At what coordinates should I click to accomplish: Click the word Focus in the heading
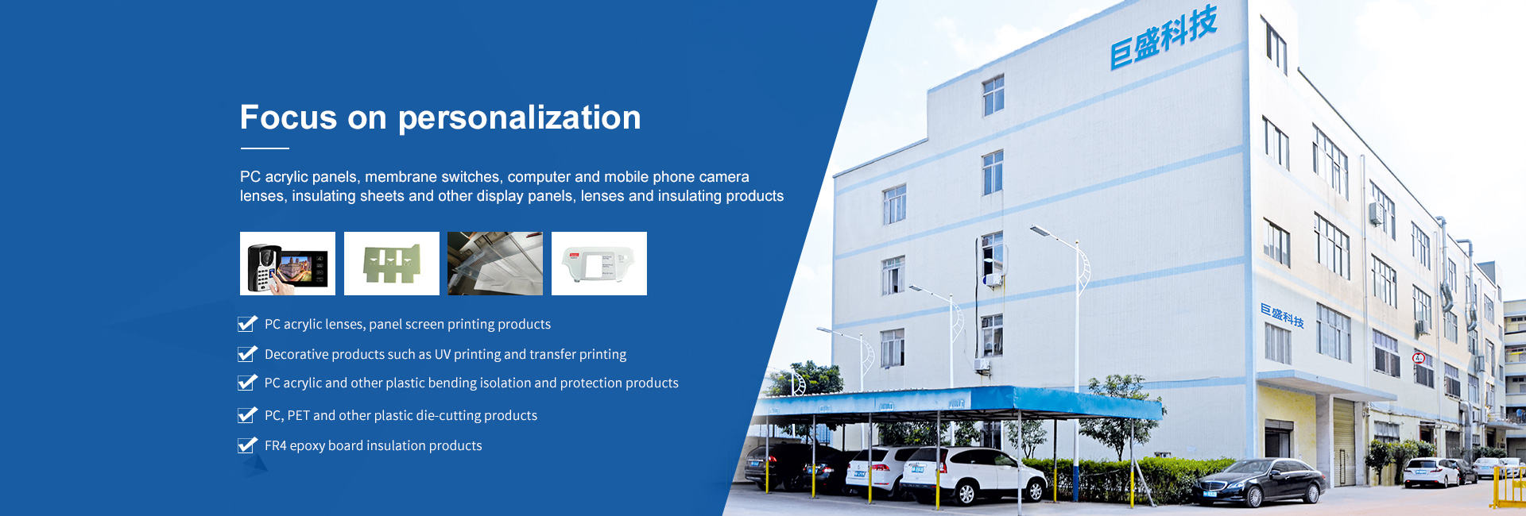click(289, 117)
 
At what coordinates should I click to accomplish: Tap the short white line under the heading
click(265, 148)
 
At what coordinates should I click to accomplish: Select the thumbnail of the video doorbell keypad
click(288, 264)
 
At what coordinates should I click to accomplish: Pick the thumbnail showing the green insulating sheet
click(392, 264)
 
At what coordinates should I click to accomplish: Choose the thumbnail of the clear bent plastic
click(495, 264)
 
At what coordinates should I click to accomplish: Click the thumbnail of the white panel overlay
click(599, 264)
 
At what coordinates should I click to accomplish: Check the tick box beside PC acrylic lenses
click(247, 324)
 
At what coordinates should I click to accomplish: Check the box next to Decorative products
click(247, 354)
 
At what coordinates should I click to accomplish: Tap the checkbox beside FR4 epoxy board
click(247, 445)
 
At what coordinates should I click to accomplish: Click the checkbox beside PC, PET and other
click(247, 415)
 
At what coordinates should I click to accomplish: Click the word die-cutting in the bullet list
click(448, 416)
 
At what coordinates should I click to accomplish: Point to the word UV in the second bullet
click(443, 354)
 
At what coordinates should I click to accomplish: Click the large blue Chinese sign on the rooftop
click(1164, 37)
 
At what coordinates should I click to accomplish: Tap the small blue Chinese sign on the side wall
click(1282, 315)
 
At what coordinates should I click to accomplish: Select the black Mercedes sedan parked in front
click(1261, 482)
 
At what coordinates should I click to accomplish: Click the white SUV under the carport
click(974, 475)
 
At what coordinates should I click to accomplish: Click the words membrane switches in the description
click(432, 177)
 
